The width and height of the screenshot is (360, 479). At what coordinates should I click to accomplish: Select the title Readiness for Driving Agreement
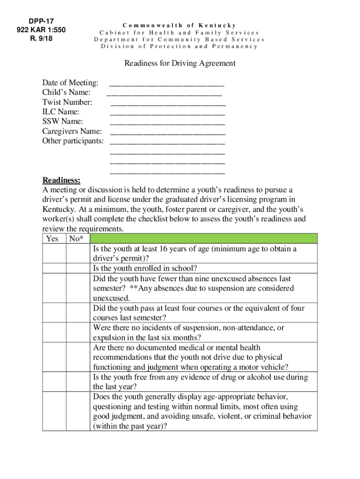point(180,63)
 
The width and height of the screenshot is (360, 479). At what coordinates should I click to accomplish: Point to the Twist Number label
point(67,102)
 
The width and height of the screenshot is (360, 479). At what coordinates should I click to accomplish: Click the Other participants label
point(72,141)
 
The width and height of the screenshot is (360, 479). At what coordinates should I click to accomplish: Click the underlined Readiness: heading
point(61,181)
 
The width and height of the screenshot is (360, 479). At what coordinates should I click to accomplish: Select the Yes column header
point(53,239)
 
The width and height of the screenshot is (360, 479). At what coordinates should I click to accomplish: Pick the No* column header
point(77,239)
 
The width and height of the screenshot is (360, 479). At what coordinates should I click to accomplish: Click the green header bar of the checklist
point(203,239)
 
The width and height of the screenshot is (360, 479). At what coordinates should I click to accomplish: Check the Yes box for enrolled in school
point(54,269)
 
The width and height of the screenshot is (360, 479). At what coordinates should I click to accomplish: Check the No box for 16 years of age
point(78,254)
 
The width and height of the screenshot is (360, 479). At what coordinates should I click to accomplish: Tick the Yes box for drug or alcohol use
point(54,382)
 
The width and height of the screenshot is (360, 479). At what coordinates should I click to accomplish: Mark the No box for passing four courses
point(78,313)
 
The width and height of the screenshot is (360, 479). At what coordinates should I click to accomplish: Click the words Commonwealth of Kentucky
point(180,25)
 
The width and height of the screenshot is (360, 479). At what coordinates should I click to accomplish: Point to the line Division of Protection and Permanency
point(180,46)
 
